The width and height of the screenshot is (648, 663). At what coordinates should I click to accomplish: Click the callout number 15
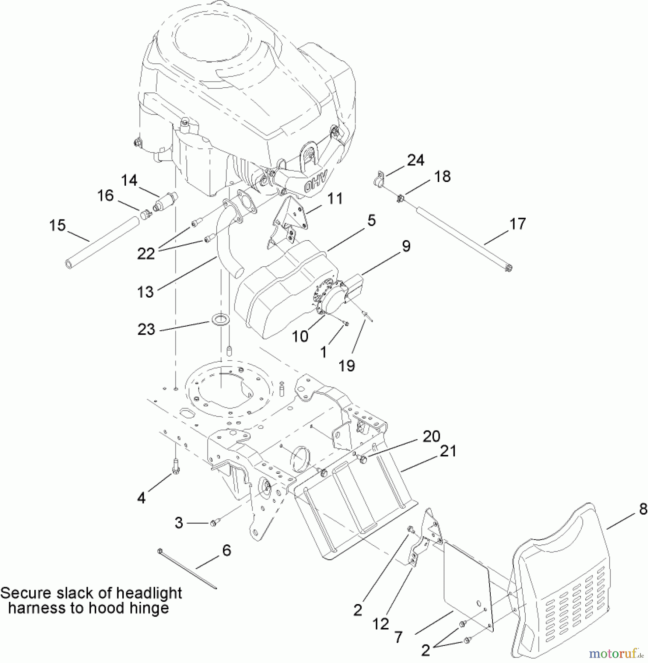coord(57,225)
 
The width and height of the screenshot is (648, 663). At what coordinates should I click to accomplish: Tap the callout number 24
coord(416,160)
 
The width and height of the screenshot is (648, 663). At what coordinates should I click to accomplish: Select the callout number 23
coord(146,329)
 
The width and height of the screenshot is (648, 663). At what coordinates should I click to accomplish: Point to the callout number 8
coord(643,509)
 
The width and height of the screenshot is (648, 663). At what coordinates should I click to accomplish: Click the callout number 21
coord(448,451)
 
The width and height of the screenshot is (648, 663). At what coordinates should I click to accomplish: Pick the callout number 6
coord(227,551)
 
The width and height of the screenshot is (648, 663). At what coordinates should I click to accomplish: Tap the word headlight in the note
coord(149,593)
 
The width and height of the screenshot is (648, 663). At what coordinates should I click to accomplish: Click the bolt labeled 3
coord(214,523)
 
